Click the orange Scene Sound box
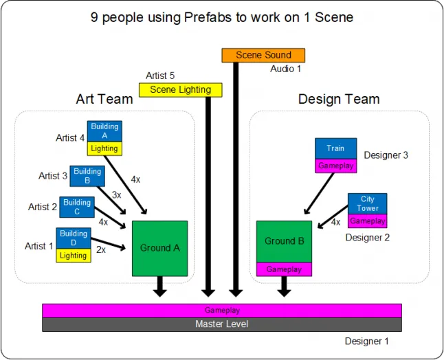pyautogui.click(x=263, y=55)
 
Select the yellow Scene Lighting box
pyautogui.click(x=180, y=90)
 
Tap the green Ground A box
pyautogui.click(x=159, y=249)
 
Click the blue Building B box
pyautogui.click(x=87, y=176)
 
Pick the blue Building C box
pyautogui.click(x=77, y=207)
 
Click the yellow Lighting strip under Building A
pyautogui.click(x=104, y=148)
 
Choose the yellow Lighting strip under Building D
pyautogui.click(x=74, y=256)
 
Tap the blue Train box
pyautogui.click(x=336, y=148)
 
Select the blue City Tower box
pyautogui.click(x=367, y=204)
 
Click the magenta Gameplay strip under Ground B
pyautogui.click(x=284, y=269)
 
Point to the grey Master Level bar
pyautogui.click(x=222, y=324)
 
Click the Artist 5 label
pyautogui.click(x=160, y=76)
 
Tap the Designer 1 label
pyautogui.click(x=366, y=341)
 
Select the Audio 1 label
pyautogui.click(x=285, y=69)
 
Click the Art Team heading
pyautogui.click(x=104, y=99)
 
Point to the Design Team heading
pyautogui.click(x=339, y=100)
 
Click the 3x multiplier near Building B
pyautogui.click(x=116, y=194)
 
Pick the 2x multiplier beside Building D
pyautogui.click(x=101, y=249)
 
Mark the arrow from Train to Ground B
pyautogui.click(x=318, y=194)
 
